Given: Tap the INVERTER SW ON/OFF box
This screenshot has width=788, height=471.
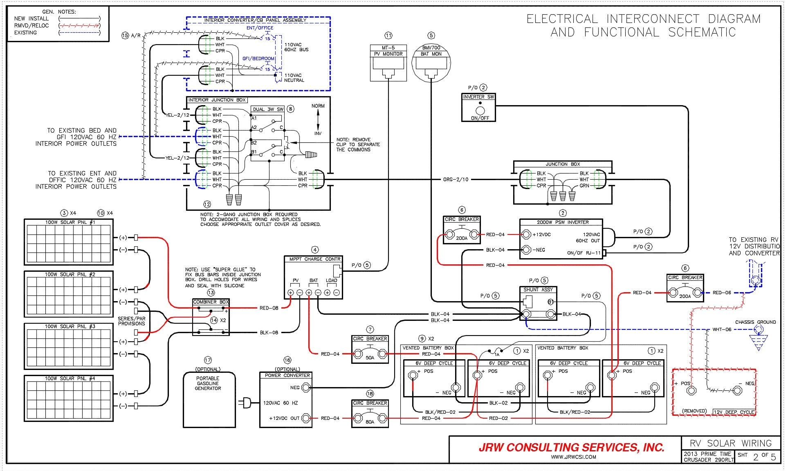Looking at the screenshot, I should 479,108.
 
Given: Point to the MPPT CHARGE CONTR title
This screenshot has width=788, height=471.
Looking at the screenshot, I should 314,259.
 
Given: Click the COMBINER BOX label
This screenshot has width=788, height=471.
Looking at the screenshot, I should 211,302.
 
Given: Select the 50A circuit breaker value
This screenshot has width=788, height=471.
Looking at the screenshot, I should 370,357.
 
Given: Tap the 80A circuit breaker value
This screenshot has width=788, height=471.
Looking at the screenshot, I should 370,422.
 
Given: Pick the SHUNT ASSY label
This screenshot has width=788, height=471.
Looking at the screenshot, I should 538,289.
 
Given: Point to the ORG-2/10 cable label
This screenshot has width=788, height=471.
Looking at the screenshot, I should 456,180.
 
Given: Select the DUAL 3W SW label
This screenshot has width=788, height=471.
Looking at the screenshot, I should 268,109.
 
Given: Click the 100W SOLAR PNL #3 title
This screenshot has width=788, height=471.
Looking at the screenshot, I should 70,326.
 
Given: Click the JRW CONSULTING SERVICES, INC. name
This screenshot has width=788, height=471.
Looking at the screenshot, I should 571,447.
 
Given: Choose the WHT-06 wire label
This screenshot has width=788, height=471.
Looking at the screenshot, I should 721,329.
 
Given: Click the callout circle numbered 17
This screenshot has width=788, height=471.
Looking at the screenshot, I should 208,360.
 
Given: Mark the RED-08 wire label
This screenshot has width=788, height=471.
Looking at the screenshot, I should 269,308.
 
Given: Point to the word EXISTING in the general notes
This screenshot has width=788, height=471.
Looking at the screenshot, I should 25,33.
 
